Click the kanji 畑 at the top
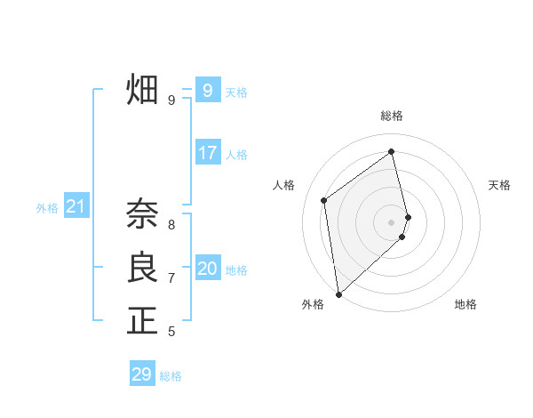[x=142, y=90]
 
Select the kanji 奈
[x=142, y=214]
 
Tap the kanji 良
[x=142, y=268]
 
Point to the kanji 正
[x=142, y=321]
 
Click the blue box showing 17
[x=208, y=153]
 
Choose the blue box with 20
[x=208, y=269]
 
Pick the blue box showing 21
[x=76, y=207]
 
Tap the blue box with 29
[x=142, y=374]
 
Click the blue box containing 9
[x=208, y=90]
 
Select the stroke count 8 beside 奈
[x=171, y=225]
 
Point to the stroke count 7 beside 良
[x=171, y=278]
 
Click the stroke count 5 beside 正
[x=171, y=332]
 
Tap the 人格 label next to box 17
[x=236, y=155]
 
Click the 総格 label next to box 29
[x=171, y=376]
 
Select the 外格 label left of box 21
[x=47, y=208]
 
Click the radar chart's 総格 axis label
[x=392, y=116]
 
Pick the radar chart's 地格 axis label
[x=465, y=304]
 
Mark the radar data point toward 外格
[x=338, y=293]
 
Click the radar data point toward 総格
[x=392, y=151]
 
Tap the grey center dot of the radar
[x=392, y=222]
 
